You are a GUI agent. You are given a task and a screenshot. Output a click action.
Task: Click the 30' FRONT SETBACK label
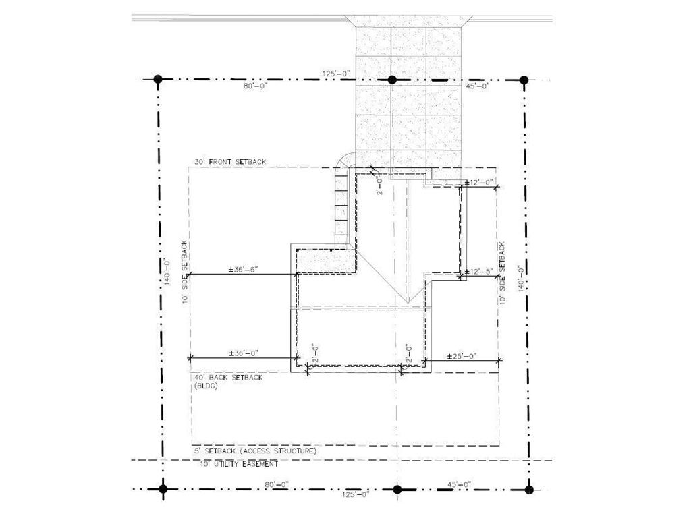click(230, 162)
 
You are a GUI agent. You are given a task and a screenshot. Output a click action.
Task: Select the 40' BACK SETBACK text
click(228, 378)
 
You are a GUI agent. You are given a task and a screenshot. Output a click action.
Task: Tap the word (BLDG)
click(206, 386)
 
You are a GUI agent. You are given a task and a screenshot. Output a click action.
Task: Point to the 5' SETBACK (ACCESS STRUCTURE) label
click(255, 450)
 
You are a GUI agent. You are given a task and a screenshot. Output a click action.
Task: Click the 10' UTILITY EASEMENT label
click(238, 464)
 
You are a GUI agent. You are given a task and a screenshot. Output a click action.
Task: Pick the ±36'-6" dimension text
click(244, 269)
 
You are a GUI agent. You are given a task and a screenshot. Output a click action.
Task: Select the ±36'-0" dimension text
click(244, 353)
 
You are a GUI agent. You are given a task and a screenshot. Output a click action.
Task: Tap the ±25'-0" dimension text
click(463, 355)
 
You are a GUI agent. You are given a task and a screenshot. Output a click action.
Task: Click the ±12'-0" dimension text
click(479, 181)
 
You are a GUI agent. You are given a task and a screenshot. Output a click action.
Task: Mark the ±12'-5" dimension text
click(479, 271)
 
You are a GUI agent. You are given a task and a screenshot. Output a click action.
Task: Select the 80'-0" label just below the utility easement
click(277, 484)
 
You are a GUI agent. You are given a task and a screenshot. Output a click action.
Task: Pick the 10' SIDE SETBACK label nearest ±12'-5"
click(502, 272)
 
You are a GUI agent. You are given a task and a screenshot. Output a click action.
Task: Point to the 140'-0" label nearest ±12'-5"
click(520, 278)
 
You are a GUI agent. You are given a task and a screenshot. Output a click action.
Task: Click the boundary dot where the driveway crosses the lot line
click(392, 80)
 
